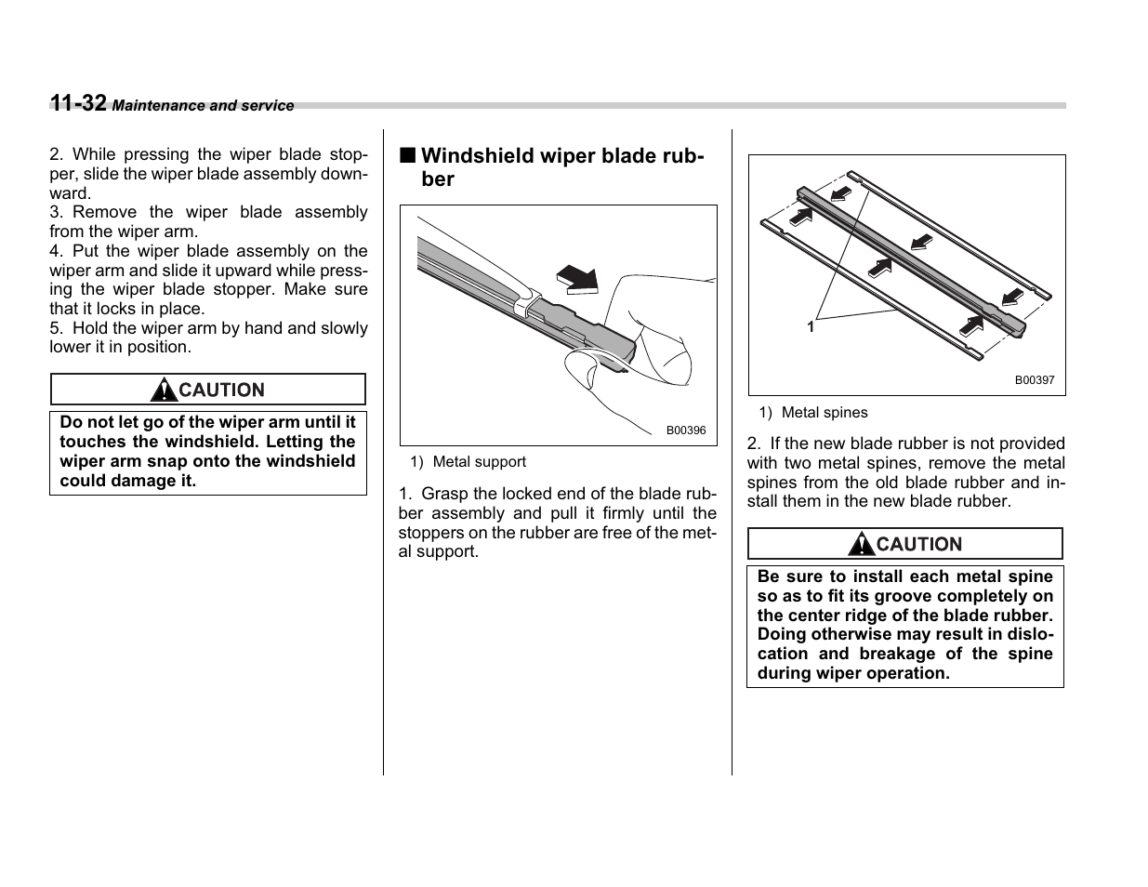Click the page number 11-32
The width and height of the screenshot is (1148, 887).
coord(78,103)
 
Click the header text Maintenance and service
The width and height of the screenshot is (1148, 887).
coord(203,106)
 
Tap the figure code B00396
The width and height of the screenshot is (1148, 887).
coord(686,430)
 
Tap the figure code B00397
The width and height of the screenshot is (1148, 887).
coord(1034,380)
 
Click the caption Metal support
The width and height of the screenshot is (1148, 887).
coord(479,462)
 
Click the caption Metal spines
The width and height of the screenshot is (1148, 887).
coord(824,413)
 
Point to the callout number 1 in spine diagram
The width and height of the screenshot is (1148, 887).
coord(811,327)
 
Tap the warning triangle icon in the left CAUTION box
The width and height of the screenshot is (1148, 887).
coord(164,390)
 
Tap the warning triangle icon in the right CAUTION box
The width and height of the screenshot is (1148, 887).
coord(862,544)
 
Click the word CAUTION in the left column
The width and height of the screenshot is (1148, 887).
coord(221,391)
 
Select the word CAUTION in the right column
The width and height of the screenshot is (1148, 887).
coord(919,545)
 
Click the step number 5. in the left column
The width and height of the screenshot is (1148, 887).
coord(56,328)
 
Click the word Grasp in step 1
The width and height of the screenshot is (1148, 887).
coord(443,494)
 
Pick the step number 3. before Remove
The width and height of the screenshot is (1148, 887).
coord(56,212)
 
